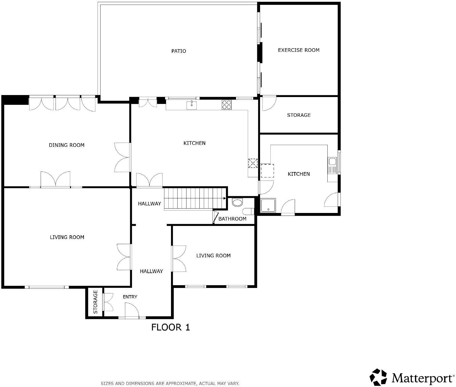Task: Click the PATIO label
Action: click(178, 51)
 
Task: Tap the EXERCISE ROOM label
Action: click(298, 50)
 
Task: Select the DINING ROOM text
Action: click(66, 145)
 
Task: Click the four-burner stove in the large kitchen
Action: click(226, 105)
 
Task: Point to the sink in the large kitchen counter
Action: click(192, 105)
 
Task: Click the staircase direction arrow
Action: click(225, 198)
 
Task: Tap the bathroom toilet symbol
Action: click(248, 212)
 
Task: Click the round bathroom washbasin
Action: click(237, 203)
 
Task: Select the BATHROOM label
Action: click(232, 219)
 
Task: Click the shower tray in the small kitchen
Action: click(268, 206)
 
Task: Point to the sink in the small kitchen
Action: click(332, 165)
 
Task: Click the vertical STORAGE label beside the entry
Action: click(95, 302)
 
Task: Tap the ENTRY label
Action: click(130, 297)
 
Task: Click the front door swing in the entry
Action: click(132, 310)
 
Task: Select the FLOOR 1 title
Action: click(171, 327)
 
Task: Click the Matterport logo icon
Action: click(379, 377)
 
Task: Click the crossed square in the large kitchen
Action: click(253, 163)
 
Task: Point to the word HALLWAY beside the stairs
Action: click(150, 204)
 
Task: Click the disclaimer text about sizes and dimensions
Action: click(170, 383)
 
